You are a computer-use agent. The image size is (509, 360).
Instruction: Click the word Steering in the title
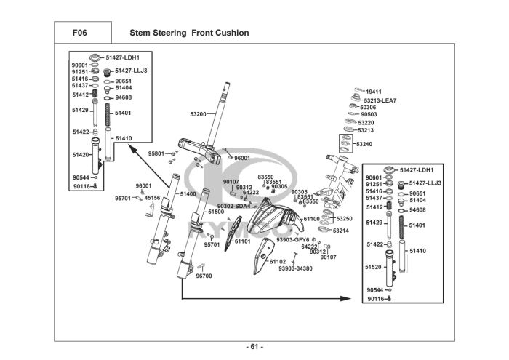point(170,33)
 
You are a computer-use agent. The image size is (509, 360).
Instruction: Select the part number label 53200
point(199,114)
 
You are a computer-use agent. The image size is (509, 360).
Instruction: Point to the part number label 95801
point(157,153)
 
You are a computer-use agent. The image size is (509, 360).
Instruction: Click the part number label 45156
point(152,198)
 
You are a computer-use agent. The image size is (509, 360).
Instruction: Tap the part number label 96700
point(204,276)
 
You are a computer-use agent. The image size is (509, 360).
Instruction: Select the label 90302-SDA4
point(233,206)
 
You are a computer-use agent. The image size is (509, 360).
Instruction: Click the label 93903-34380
point(295,268)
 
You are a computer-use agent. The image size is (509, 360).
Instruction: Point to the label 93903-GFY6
point(293,239)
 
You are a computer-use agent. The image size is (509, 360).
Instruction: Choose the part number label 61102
point(278,261)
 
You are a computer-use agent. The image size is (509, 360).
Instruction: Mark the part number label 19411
point(374,92)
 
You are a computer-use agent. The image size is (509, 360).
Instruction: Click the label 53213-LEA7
point(381,100)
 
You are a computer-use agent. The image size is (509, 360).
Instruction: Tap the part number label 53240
point(364,144)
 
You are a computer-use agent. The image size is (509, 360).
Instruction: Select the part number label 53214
point(341,231)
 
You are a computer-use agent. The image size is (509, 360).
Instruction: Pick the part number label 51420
point(81,155)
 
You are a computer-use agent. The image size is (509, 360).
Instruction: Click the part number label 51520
point(374,267)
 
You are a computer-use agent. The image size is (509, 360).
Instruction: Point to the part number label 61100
point(311,218)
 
